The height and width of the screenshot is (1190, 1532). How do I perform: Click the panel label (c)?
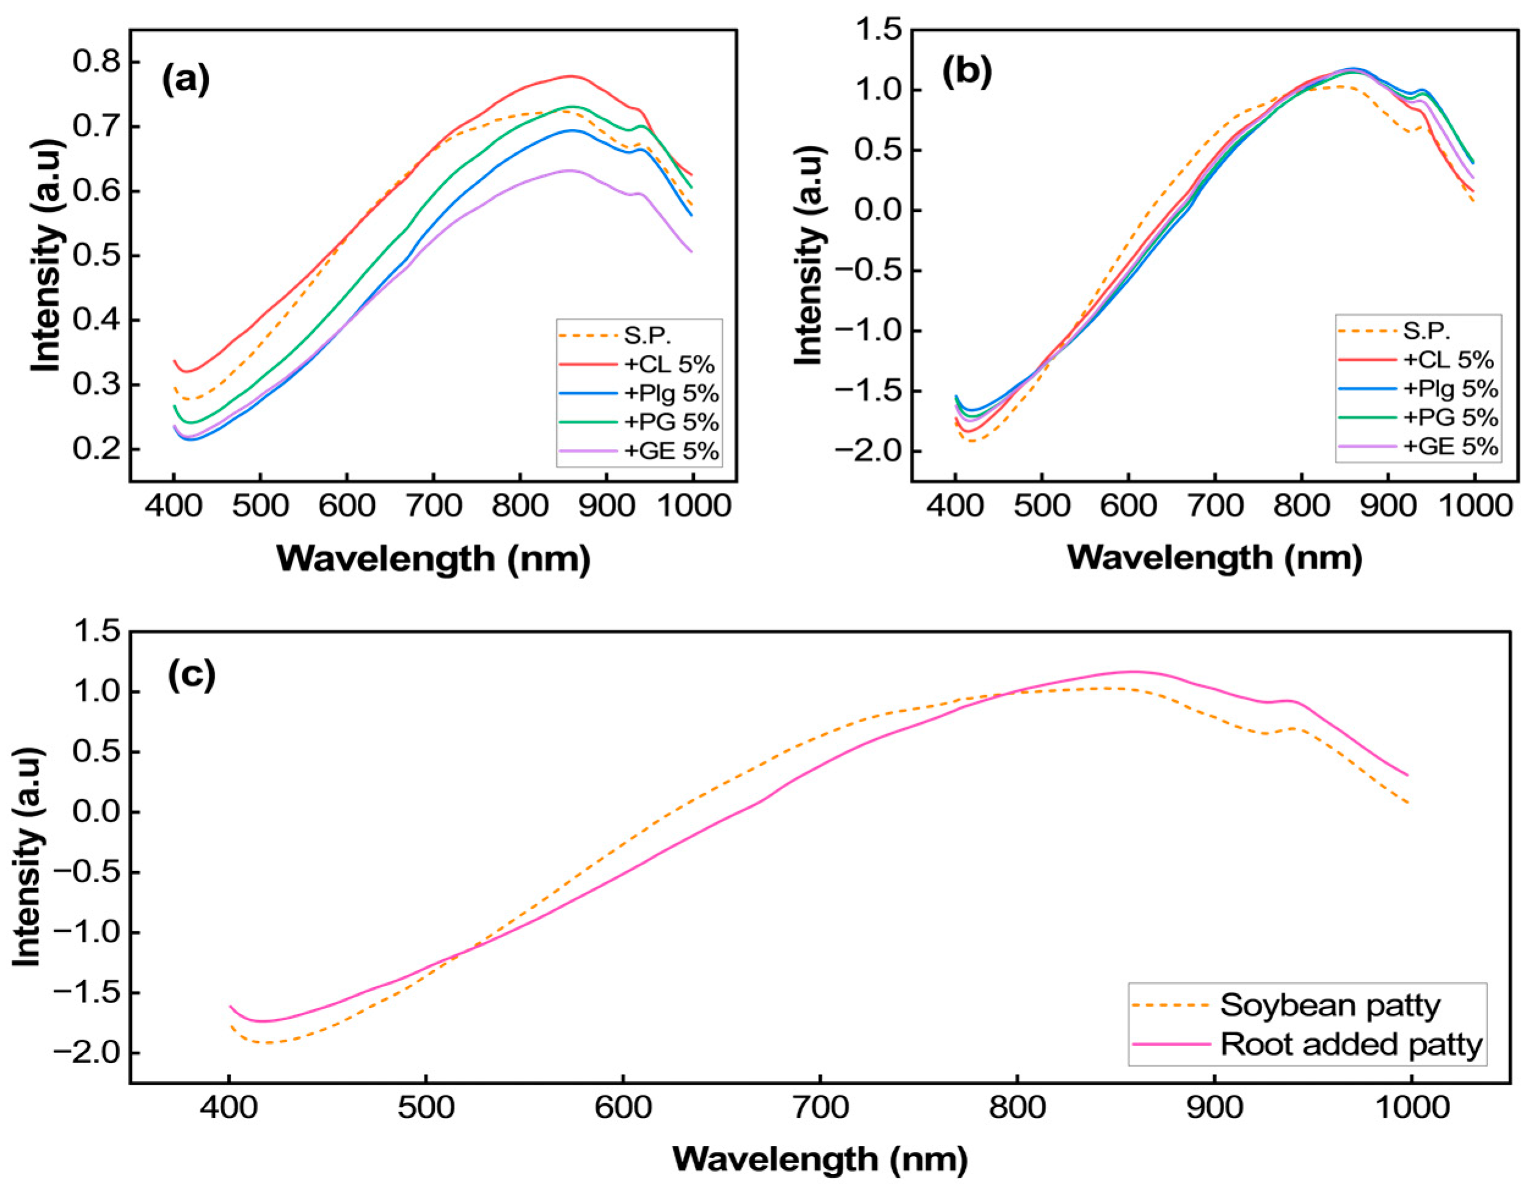click(x=191, y=674)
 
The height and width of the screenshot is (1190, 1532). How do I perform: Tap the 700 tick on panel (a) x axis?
click(x=433, y=505)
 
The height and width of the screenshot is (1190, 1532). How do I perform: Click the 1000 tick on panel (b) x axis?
click(x=1473, y=505)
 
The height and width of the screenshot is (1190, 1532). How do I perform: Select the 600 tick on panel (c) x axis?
click(x=622, y=1109)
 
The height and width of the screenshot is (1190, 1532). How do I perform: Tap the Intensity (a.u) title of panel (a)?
click(x=48, y=256)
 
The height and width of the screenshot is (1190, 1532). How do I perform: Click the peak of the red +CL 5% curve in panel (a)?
click(x=571, y=76)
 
